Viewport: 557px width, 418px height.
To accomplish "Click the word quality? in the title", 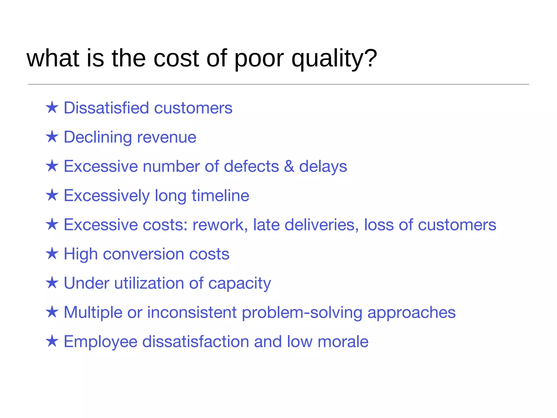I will [334, 59].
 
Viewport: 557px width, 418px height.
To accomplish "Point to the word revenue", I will [167, 137].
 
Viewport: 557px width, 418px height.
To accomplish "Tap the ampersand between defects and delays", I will [289, 166].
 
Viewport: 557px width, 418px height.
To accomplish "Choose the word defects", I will [251, 166].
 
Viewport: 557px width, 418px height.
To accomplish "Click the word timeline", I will [220, 195].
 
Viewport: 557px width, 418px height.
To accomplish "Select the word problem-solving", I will [302, 313].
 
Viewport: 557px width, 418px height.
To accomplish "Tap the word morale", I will [343, 342].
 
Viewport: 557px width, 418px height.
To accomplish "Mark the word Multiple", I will [93, 312].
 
